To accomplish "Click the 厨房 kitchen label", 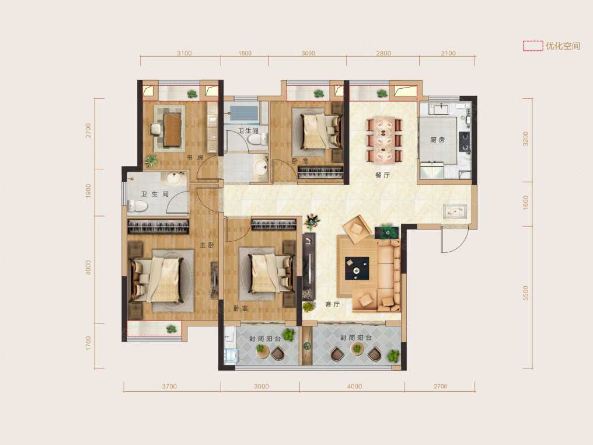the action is tap(438, 140).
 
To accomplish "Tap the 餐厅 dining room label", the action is tap(382, 175).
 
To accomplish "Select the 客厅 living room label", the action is tap(333, 304).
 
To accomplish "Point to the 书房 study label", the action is tap(195, 158).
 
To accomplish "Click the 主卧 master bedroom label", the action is tap(207, 245).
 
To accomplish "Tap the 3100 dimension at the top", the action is tap(184, 53).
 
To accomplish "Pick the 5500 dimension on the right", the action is tap(525, 293).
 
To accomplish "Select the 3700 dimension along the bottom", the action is tap(169, 387).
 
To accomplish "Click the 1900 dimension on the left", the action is tap(89, 191).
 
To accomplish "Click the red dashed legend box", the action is tap(533, 46).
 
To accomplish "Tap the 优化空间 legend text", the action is tap(563, 46).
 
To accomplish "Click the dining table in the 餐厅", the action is tap(384, 140).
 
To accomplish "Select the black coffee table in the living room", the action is tap(357, 268).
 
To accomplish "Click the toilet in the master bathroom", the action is tap(138, 206).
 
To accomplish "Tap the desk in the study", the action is tap(172, 130).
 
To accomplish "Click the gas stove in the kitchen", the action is tap(464, 141).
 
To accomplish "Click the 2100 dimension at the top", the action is tap(448, 53).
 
